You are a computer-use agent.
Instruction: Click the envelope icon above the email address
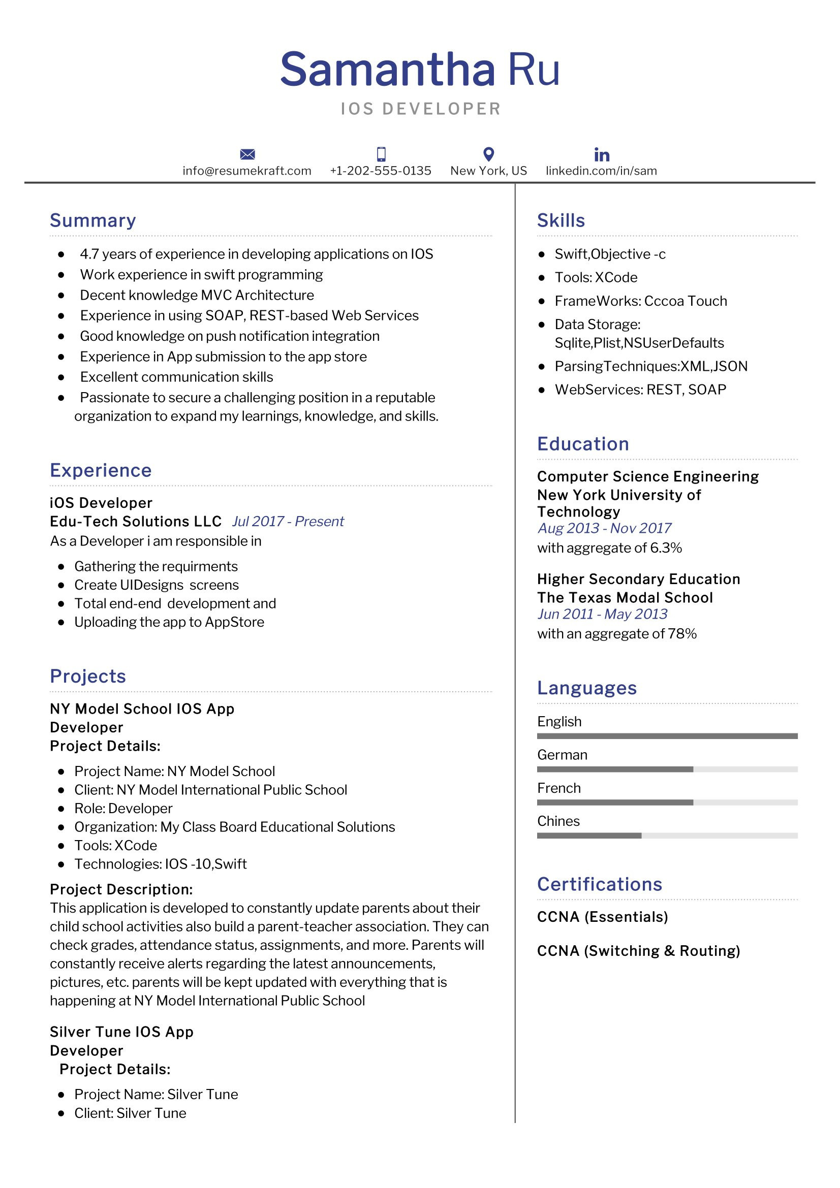247,154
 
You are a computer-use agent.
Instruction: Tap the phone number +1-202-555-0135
381,171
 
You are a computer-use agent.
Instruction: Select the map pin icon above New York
488,154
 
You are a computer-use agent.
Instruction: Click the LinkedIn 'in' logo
601,155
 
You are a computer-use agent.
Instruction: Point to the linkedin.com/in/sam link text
601,171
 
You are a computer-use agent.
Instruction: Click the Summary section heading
92,220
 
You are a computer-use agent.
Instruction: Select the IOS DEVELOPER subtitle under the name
420,109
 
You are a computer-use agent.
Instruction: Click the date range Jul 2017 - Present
288,521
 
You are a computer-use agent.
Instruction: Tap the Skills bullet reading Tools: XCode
596,277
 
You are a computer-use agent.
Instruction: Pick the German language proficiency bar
667,769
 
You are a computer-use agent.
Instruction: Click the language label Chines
558,821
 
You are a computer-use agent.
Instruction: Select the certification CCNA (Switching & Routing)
638,950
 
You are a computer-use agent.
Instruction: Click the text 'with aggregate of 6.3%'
609,548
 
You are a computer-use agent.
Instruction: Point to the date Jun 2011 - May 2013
602,614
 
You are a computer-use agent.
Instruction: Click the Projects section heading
88,676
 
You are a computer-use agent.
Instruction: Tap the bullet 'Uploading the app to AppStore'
169,622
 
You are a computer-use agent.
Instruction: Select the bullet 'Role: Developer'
123,808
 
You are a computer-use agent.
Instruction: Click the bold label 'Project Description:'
121,889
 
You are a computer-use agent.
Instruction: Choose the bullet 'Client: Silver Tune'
130,1113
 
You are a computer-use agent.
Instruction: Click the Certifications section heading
599,884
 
